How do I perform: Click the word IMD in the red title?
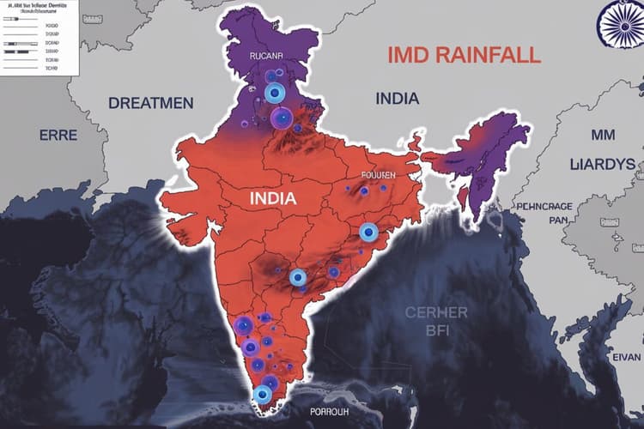(410, 56)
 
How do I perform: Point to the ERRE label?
(58, 135)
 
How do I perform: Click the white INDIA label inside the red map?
(273, 198)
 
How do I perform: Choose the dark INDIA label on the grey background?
(398, 99)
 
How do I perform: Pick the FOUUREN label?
(378, 174)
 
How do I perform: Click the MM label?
(603, 135)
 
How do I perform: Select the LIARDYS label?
(602, 163)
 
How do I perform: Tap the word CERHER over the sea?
(435, 312)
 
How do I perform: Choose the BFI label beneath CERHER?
(435, 330)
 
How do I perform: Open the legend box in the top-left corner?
(39, 38)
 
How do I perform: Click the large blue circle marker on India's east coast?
(368, 232)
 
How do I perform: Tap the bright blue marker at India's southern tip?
(263, 395)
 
